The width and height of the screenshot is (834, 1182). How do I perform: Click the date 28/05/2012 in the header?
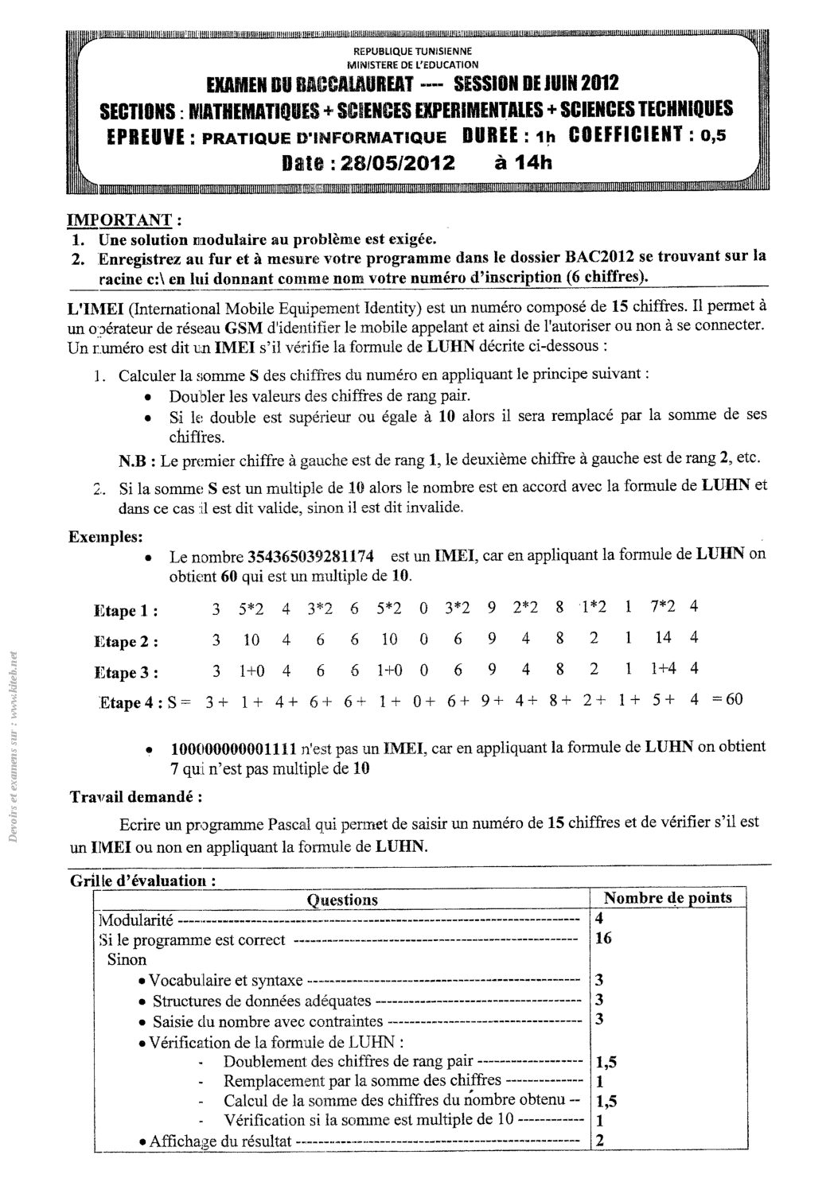coord(397,163)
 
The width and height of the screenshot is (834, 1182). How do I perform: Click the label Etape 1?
coord(125,611)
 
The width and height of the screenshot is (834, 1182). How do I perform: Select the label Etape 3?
coord(125,673)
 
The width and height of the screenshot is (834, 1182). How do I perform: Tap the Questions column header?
coord(342,900)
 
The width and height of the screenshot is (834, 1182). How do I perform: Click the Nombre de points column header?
coord(668,898)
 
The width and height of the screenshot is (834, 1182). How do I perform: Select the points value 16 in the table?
coord(603,938)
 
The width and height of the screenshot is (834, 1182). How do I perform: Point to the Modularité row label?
coord(134,920)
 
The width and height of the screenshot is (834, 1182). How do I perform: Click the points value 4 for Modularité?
coord(599,918)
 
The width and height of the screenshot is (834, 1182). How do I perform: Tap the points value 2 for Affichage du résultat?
coord(599,1139)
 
